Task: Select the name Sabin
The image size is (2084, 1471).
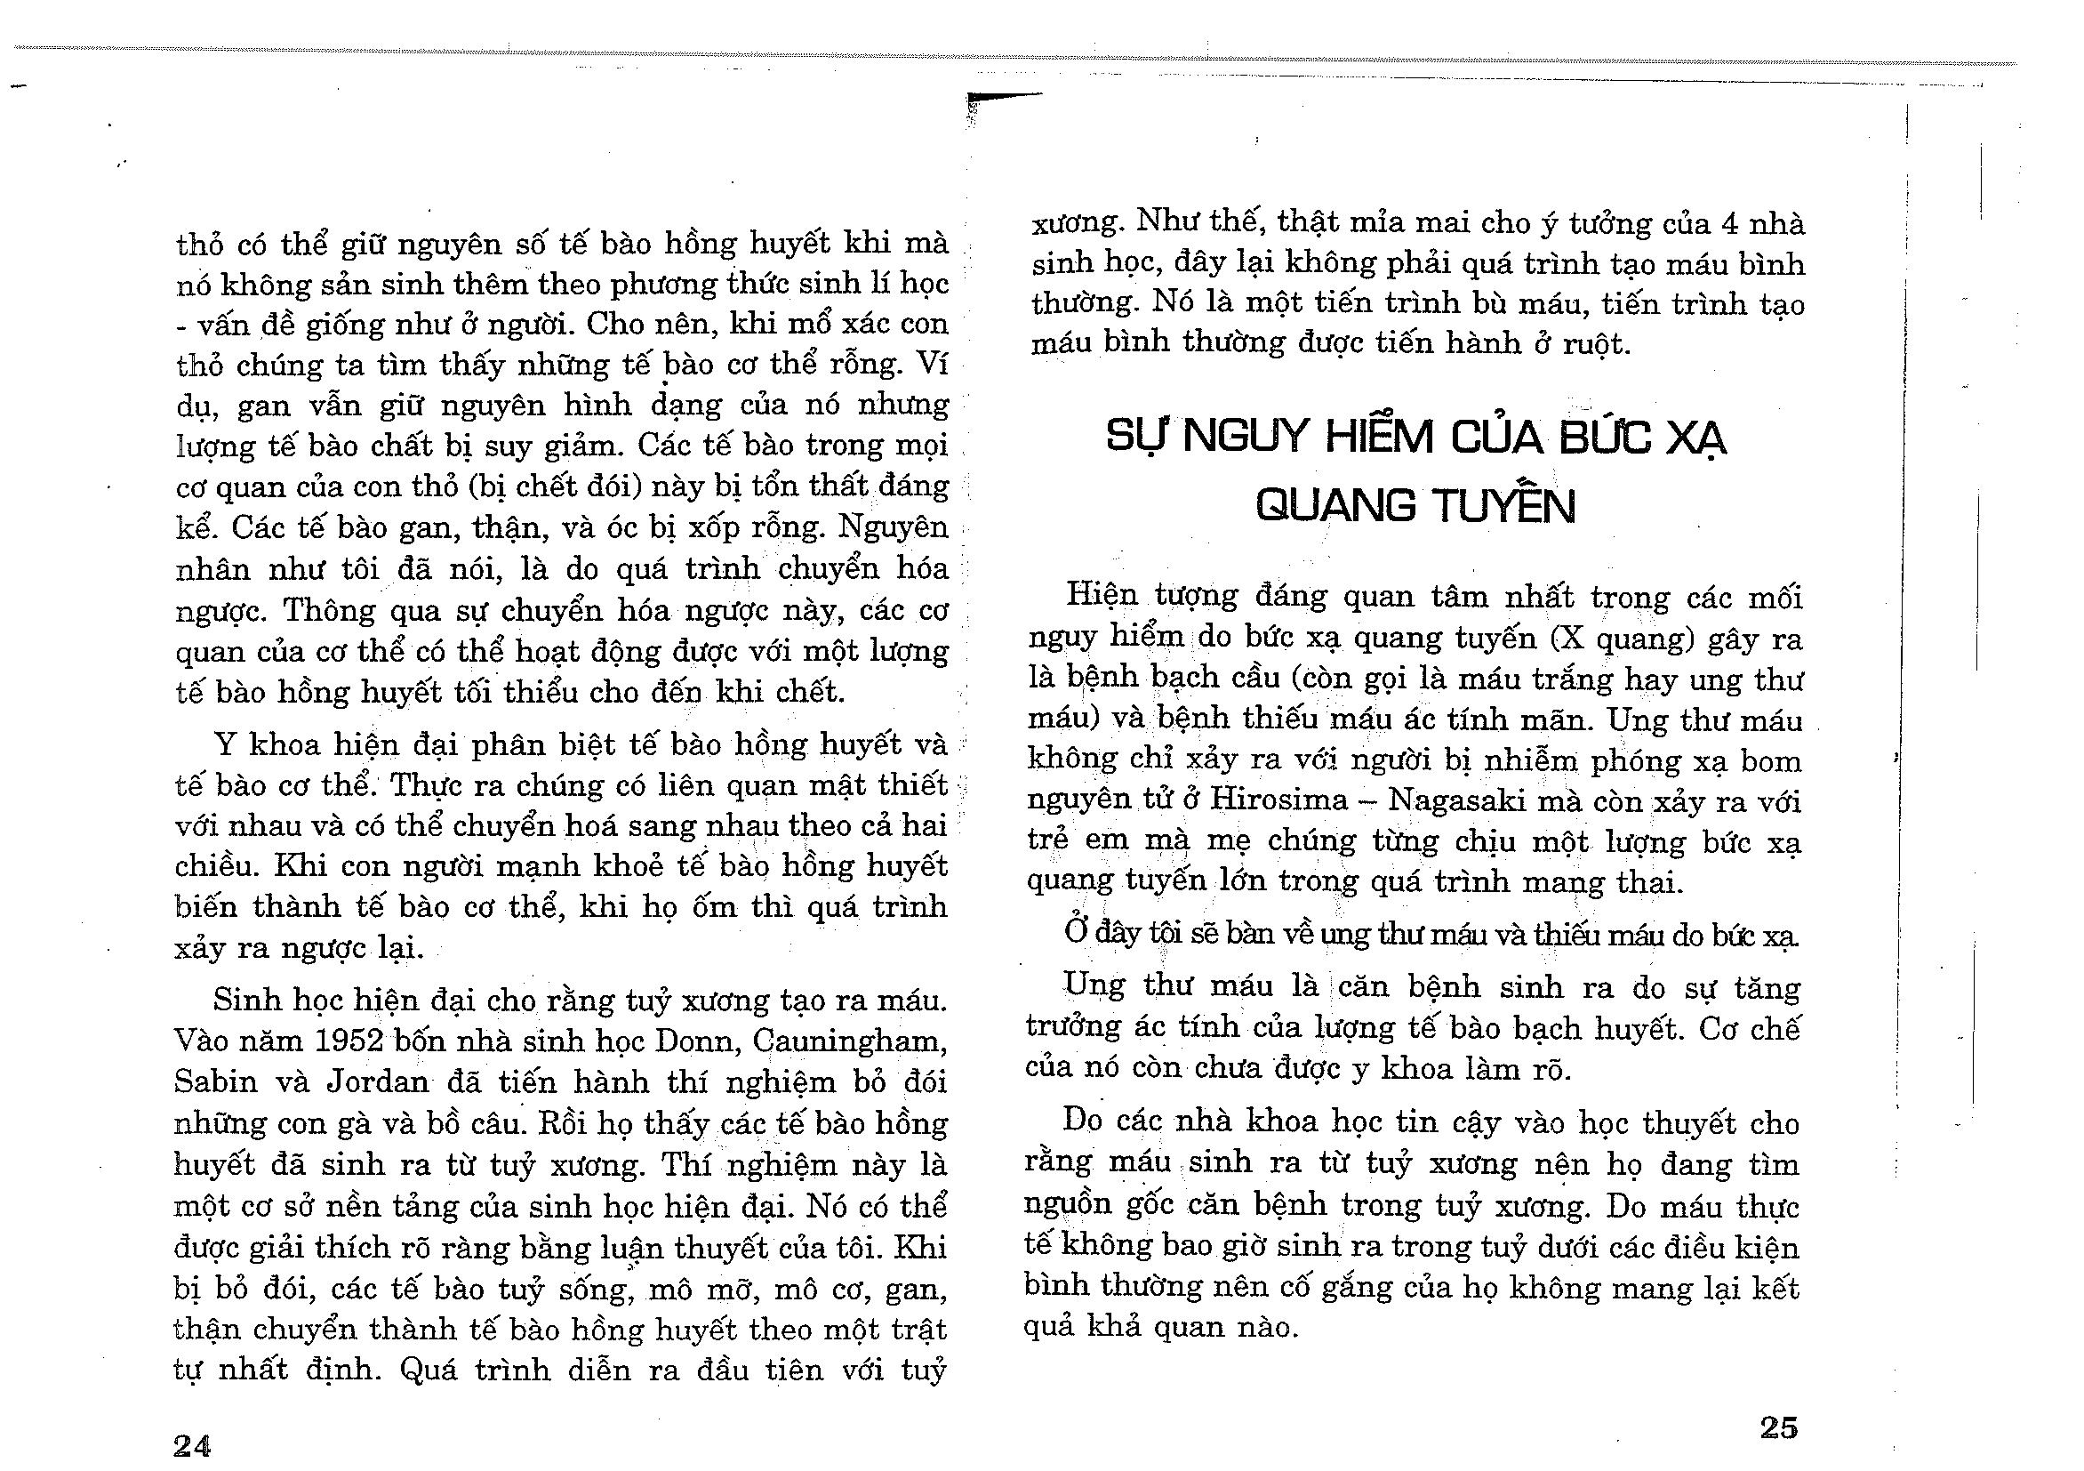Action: pos(212,1081)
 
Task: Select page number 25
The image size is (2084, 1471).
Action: pos(1778,1427)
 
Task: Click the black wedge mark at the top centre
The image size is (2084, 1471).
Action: pos(1003,96)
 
